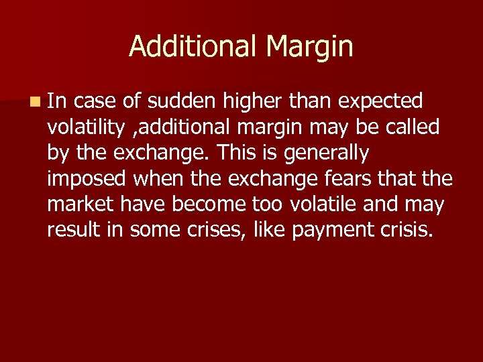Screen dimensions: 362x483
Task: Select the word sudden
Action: (x=181, y=101)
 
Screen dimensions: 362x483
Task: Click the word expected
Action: (x=380, y=101)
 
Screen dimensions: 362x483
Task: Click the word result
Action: (x=69, y=229)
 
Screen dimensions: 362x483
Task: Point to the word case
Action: (x=97, y=101)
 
